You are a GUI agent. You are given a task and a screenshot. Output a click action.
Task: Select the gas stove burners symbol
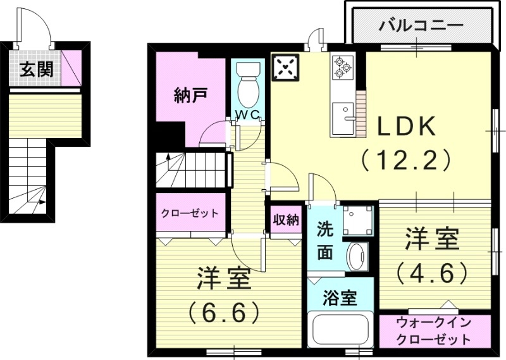(x=342, y=67)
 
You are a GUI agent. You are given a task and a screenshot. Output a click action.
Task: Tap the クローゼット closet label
(x=189, y=213)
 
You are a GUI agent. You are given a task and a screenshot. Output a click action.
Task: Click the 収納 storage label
(x=286, y=220)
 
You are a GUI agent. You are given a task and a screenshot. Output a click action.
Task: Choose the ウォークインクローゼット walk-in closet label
(x=435, y=331)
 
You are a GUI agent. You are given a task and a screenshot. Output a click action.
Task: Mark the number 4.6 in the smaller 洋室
(x=433, y=273)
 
